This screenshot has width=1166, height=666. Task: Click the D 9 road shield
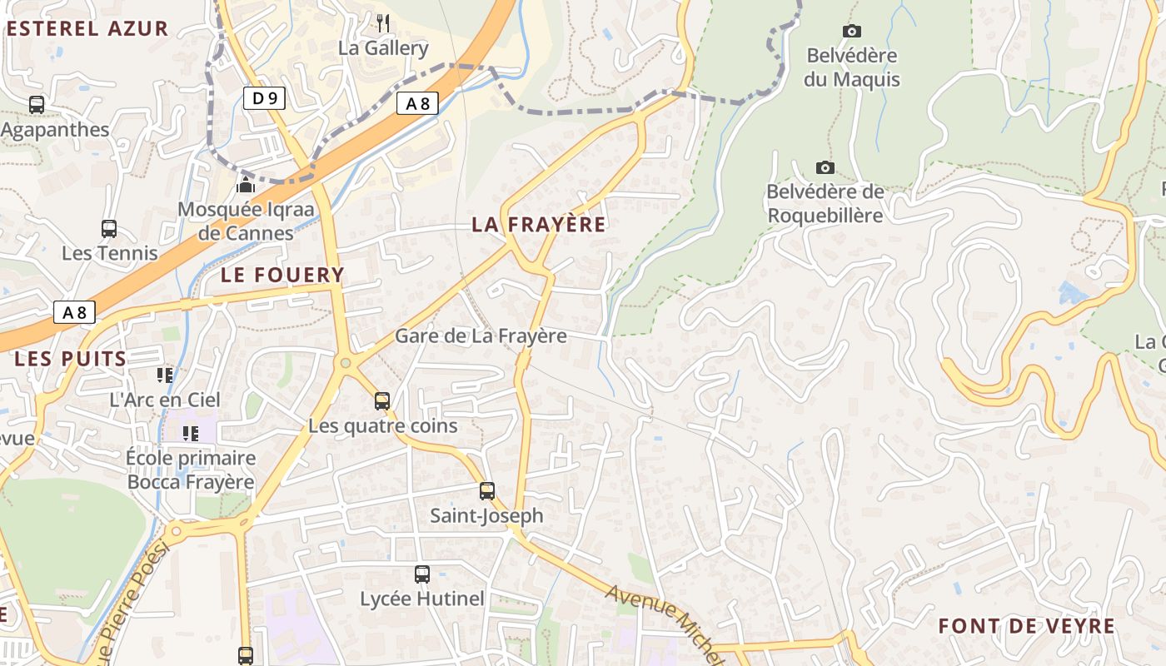point(265,98)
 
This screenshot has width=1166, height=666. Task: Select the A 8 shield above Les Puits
point(74,312)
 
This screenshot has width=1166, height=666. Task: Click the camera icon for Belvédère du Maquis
point(851,32)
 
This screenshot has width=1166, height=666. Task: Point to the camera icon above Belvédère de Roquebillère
point(825,168)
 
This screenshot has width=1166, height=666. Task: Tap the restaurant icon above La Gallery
point(383,22)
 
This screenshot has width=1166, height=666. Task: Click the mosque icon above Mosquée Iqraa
point(246,184)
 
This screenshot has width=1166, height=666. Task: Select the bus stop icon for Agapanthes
point(37,105)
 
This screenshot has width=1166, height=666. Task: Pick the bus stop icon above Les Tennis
point(109,229)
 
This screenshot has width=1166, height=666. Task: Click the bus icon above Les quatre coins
point(382,401)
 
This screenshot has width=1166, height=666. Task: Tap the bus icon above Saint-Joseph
point(487,491)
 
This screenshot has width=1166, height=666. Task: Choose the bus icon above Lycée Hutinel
point(422,574)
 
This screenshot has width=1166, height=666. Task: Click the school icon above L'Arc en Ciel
point(166,375)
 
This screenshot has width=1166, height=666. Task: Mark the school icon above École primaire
point(191,433)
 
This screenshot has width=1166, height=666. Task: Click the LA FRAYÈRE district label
point(539,224)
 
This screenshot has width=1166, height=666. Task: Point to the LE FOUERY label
point(282,275)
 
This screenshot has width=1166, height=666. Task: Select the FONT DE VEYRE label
point(1026,626)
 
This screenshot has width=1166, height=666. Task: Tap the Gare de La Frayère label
point(481,335)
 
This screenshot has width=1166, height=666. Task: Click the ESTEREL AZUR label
point(87,29)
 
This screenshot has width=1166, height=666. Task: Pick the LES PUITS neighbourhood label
point(70,360)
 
